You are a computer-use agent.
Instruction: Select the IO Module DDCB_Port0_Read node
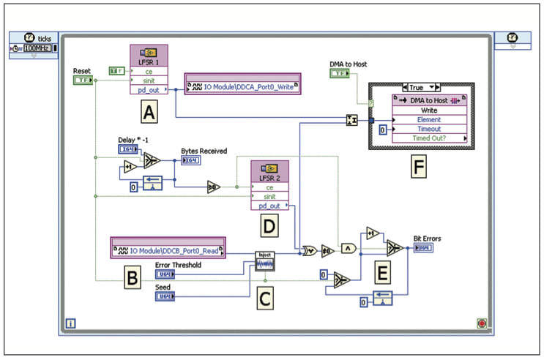pyautogui.click(x=168, y=250)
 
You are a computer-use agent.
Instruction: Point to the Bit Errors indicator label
pyautogui.click(x=427, y=238)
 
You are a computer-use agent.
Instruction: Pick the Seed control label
pyautogui.click(x=163, y=288)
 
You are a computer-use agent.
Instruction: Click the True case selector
pyautogui.click(x=421, y=87)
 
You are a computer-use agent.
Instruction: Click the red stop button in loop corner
pyautogui.click(x=481, y=323)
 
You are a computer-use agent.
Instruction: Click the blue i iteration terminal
pyautogui.click(x=70, y=322)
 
